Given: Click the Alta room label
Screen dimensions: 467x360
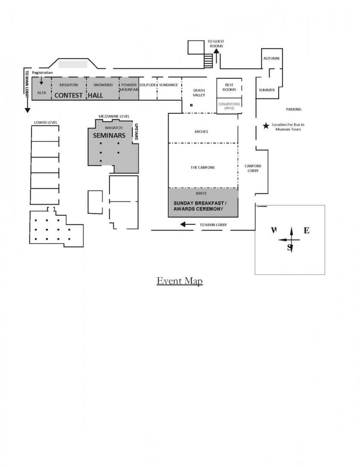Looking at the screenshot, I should click(41, 93).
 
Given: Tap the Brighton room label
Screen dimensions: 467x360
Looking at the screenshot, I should click(69, 85).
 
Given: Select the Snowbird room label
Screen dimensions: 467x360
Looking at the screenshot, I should click(103, 85).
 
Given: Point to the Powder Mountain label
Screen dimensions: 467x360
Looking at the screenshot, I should click(129, 87).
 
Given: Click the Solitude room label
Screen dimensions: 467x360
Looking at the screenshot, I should click(148, 85).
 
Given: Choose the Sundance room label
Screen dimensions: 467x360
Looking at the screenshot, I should click(169, 85).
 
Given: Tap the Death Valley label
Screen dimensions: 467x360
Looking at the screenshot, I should click(199, 93).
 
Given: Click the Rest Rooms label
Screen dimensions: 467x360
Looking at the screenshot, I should click(229, 87).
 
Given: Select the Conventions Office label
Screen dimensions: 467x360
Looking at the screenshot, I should click(229, 106).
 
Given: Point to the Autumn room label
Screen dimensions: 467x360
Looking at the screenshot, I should click(271, 58).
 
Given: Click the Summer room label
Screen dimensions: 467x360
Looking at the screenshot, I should click(267, 90).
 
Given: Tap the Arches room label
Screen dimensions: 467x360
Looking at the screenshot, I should click(201, 131).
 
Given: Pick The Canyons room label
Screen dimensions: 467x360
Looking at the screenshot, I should click(203, 167).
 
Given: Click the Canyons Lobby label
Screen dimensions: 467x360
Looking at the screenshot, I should click(253, 168).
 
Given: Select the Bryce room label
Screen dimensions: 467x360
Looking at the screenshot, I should click(201, 193).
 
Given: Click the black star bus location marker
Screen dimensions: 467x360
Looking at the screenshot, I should click(266, 126).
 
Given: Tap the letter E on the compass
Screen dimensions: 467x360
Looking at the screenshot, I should click(306, 230).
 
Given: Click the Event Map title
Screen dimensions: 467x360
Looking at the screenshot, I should click(179, 281).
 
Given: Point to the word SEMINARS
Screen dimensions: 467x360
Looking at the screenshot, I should click(109, 135).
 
